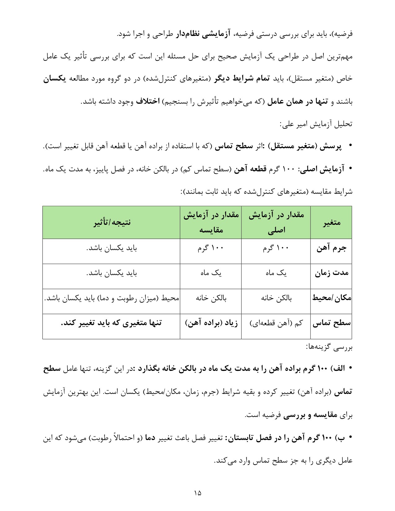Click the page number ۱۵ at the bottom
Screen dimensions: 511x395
point(198,492)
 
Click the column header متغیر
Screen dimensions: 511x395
point(331,222)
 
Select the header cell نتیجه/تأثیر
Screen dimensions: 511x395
point(112,222)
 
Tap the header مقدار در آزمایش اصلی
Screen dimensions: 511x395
point(276,222)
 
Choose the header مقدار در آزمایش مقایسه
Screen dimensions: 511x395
point(211,222)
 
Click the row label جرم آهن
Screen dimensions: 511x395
point(331,248)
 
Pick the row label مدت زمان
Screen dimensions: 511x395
point(331,273)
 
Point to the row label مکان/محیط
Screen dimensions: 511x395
point(331,298)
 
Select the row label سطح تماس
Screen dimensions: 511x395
point(331,323)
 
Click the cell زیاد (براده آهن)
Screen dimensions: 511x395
point(211,323)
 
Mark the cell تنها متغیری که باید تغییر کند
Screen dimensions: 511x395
point(112,323)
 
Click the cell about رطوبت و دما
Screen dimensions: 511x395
point(112,298)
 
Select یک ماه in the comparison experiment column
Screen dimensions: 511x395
point(211,273)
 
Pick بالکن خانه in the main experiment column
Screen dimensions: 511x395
point(276,298)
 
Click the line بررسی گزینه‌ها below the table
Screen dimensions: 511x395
point(329,348)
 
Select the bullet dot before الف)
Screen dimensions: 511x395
point(350,368)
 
